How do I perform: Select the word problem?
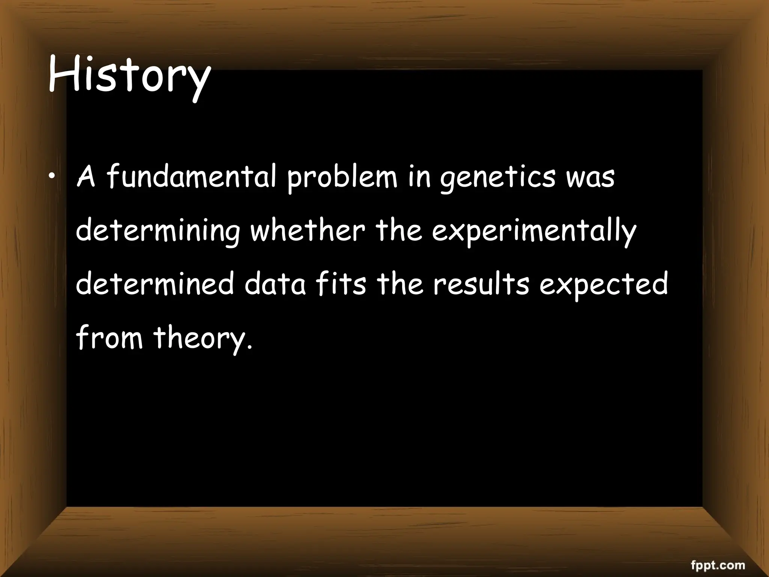342,177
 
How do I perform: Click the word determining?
158,231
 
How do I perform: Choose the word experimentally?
534,231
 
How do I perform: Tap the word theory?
199,337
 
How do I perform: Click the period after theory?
250,346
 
